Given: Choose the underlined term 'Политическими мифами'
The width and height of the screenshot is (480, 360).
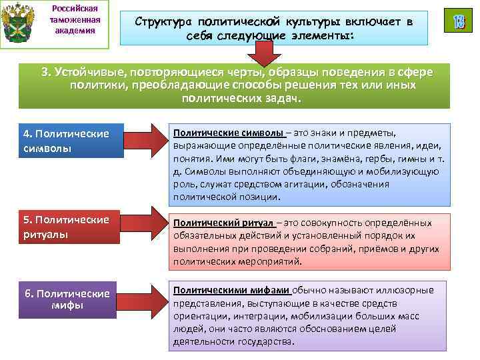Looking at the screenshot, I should point(231,290).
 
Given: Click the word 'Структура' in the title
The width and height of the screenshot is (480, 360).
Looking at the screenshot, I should point(166,22).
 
